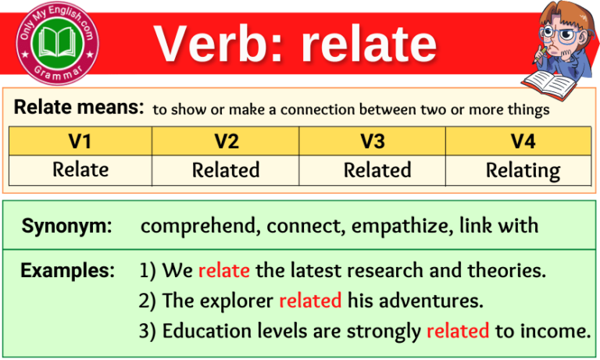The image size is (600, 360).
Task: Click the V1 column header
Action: (80, 141)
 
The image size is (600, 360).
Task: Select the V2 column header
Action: (226, 141)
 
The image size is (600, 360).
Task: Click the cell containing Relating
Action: (523, 170)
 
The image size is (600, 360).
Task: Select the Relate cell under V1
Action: (80, 169)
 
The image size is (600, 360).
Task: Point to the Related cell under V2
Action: (226, 169)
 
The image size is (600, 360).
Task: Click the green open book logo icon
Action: (55, 41)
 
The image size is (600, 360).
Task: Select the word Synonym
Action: (66, 226)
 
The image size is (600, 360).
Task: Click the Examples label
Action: (66, 271)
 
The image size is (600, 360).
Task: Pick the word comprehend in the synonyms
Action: (199, 226)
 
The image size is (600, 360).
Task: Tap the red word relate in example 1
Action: (223, 271)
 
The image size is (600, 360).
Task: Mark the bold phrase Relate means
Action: (78, 108)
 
